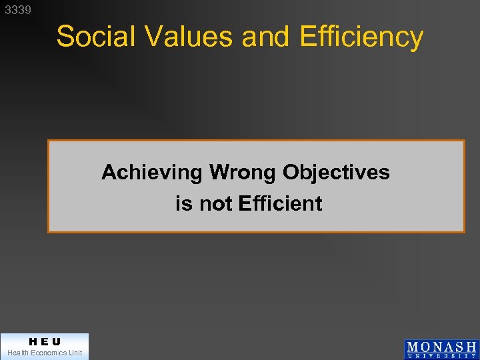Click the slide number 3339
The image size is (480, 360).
click(x=17, y=10)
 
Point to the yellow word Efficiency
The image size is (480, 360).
click(x=361, y=37)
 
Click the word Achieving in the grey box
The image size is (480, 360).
click(x=151, y=173)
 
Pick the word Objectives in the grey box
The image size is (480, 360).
click(x=336, y=173)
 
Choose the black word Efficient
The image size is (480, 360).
click(x=279, y=203)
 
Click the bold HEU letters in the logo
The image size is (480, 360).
click(x=45, y=341)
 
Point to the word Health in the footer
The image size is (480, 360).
click(x=19, y=353)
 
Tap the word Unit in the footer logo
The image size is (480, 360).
click(x=75, y=353)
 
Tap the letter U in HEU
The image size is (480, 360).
click(x=56, y=341)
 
